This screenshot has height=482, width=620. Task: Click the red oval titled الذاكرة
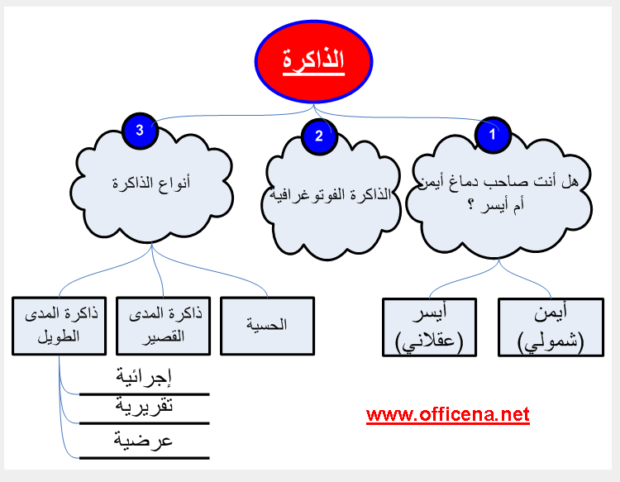point(313,61)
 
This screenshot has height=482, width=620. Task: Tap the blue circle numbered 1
point(493,135)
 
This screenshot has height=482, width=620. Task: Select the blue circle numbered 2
point(319,136)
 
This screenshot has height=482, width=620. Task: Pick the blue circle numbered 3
point(140,130)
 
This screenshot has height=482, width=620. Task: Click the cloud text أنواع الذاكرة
point(151,183)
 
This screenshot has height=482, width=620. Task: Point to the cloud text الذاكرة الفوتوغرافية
point(330,194)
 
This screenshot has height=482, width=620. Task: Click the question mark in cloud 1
point(470,205)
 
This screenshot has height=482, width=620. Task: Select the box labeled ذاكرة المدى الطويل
point(60,326)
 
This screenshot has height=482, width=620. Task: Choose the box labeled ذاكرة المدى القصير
point(164,326)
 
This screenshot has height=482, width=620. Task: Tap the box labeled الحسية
point(267,326)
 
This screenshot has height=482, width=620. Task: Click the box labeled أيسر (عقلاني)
point(429,327)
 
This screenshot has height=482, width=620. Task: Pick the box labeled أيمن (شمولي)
point(551,327)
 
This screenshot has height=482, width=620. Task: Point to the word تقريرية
point(144,406)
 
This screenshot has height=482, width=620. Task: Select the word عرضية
point(143,440)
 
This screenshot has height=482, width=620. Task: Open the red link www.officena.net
point(447,415)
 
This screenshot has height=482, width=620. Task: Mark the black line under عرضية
point(144,458)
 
